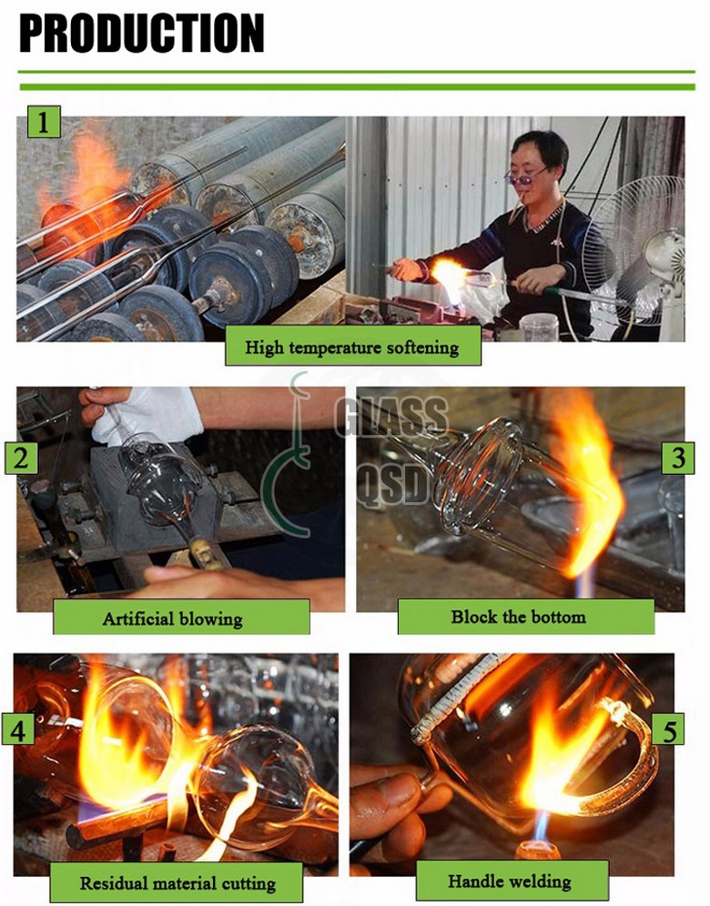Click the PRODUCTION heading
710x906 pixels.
pos(142,33)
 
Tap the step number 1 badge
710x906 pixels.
pos(44,121)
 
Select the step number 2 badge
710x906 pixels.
pos(22,458)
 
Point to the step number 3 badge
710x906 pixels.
pos(678,458)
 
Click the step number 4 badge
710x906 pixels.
pos(18,730)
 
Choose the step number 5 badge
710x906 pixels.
pos(668,730)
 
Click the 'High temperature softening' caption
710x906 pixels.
pos(352,347)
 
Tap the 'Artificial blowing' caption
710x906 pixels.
pos(172,619)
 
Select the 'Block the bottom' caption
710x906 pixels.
pos(518,617)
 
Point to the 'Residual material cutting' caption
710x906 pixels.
pos(177,883)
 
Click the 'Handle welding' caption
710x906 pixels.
pos(510,881)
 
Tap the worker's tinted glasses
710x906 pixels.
pos(524,176)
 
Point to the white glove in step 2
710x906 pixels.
pos(147,414)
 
